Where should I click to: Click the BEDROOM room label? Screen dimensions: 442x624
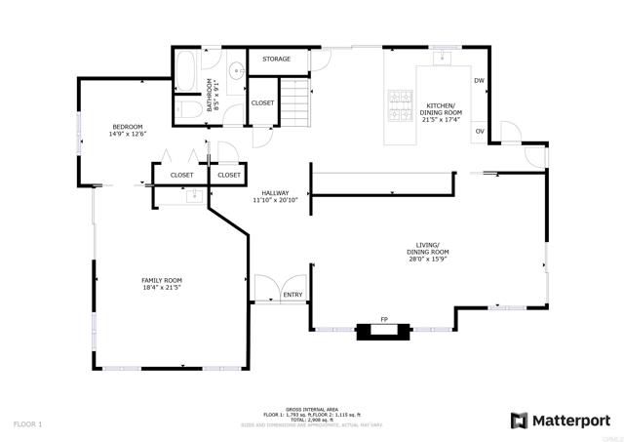coord(127,126)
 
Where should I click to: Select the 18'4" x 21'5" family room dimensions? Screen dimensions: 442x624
coord(162,288)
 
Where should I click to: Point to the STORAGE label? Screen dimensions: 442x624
coord(276,60)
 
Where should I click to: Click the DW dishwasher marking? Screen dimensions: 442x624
coord(479,80)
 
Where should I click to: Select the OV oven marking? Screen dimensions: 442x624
coord(479,131)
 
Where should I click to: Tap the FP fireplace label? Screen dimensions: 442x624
coord(384,319)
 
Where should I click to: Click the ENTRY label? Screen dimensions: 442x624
coord(292,294)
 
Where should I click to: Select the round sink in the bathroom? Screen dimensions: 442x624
coord(236,71)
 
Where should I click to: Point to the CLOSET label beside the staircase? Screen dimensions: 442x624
coord(262,102)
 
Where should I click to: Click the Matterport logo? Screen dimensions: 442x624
coord(561,420)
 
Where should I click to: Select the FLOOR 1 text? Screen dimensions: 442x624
coord(27,424)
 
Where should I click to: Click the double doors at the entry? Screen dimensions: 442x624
coord(266,289)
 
